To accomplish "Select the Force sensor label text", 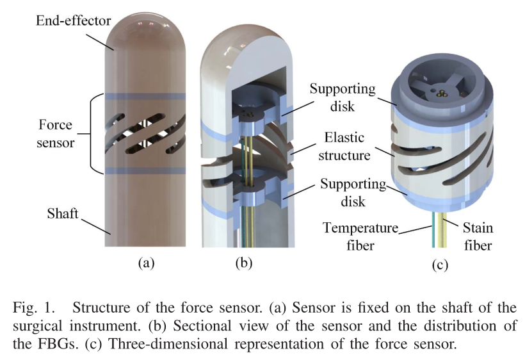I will [x=57, y=133].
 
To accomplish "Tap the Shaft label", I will [x=62, y=213].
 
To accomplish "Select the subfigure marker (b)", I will [x=245, y=262].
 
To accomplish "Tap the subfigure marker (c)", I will [x=437, y=264].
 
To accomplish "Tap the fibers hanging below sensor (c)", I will [x=437, y=227].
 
